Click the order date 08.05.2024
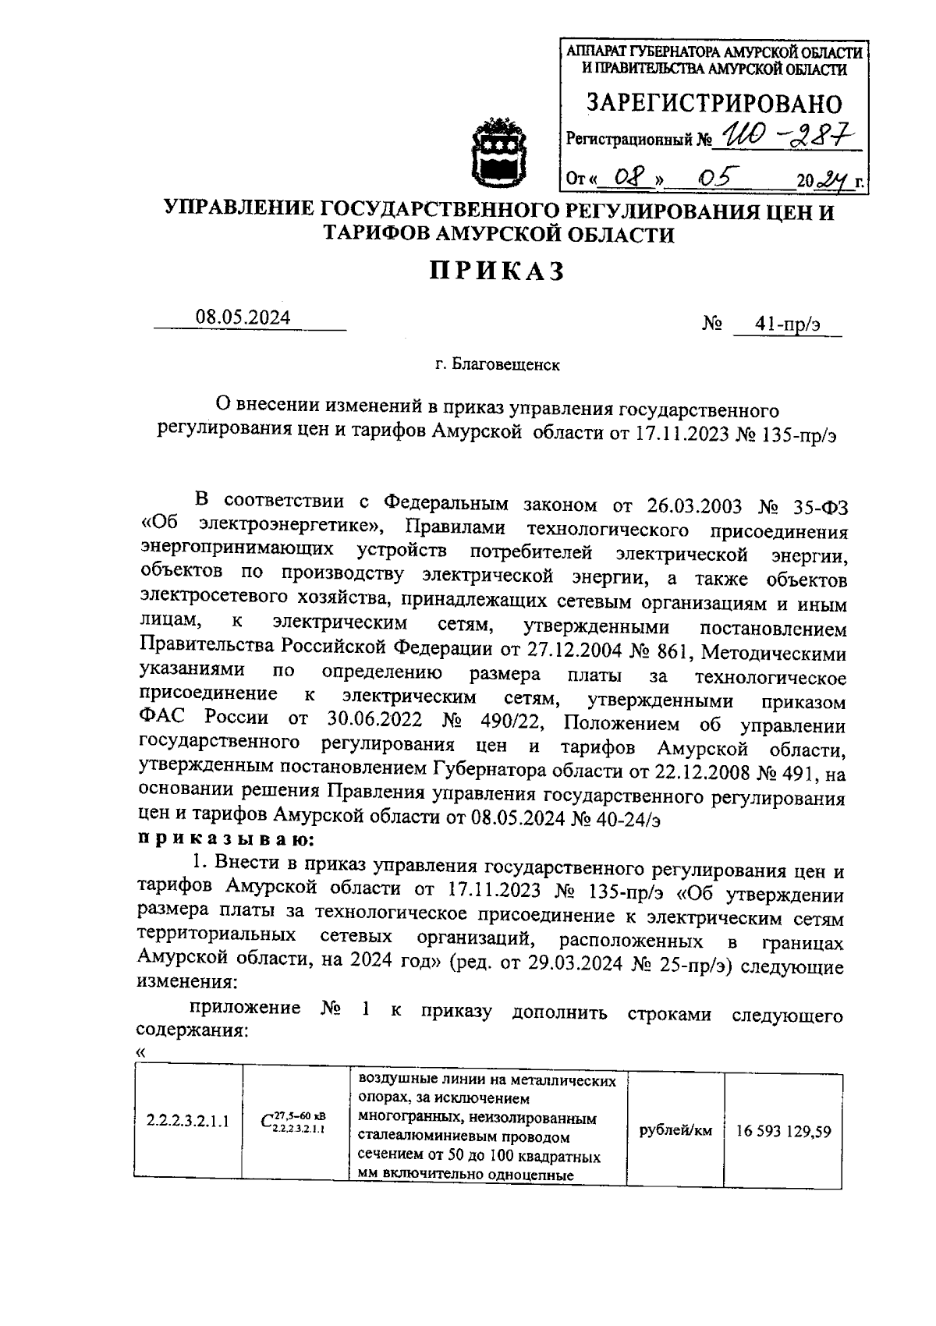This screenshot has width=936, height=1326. click(243, 317)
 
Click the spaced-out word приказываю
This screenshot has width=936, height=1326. click(226, 839)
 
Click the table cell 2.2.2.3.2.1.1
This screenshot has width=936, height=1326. click(187, 1122)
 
